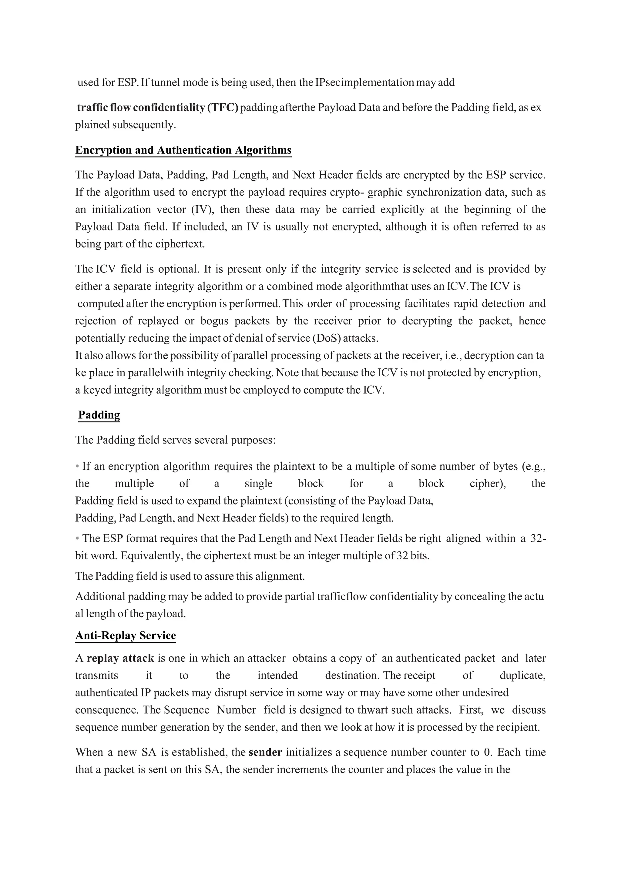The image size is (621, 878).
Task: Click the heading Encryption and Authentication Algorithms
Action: point(183,150)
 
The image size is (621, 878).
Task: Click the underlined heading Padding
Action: point(99,415)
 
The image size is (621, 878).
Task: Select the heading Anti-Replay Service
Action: point(126,635)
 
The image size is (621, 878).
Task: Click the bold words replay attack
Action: point(120,658)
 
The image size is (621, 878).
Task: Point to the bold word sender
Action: point(265,752)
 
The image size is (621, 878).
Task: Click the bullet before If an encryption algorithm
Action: point(77,466)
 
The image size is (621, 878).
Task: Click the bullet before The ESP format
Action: point(77,538)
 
